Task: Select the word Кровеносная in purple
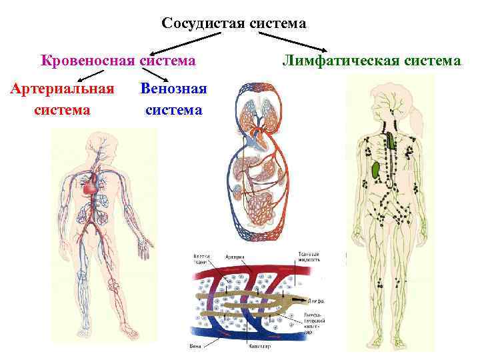click(87, 61)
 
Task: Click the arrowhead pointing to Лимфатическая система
click(327, 51)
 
